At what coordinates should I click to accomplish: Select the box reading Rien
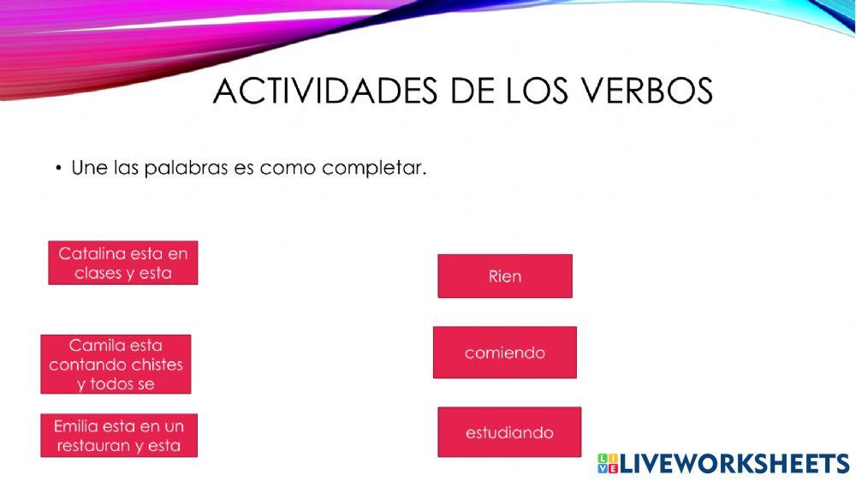pyautogui.click(x=505, y=276)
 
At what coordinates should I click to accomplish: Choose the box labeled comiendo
pyautogui.click(x=505, y=353)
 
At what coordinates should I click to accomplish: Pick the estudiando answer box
pyautogui.click(x=509, y=432)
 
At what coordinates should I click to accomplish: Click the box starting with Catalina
pyautogui.click(x=123, y=263)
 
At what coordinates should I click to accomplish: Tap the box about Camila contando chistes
pyautogui.click(x=116, y=365)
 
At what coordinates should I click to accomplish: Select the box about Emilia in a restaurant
pyautogui.click(x=119, y=436)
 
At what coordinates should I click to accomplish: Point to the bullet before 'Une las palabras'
pyautogui.click(x=59, y=168)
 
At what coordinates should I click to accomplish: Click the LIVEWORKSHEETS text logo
pyautogui.click(x=734, y=464)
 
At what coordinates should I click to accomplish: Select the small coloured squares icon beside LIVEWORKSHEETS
pyautogui.click(x=607, y=464)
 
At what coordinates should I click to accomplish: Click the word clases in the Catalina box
pyautogui.click(x=98, y=273)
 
